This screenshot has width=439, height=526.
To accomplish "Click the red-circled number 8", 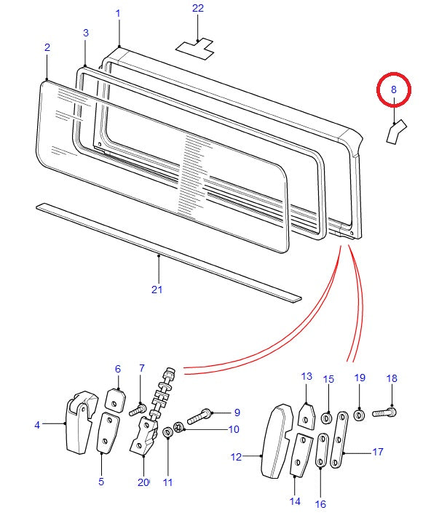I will click(394, 89).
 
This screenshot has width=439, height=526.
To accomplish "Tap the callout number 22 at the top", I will click(198, 9).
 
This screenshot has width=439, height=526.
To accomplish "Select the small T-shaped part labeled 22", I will click(195, 47).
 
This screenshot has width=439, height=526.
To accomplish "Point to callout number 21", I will click(157, 290).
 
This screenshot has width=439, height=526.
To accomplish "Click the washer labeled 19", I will click(360, 415).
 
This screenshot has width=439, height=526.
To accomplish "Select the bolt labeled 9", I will click(199, 418).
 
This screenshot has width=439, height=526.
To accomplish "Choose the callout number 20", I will click(143, 482).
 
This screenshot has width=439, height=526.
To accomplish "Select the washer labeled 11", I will click(168, 433).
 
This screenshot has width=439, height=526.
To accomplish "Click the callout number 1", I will click(118, 14).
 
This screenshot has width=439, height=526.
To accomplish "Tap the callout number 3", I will click(86, 33).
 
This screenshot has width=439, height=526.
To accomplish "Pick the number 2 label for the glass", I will click(47, 47).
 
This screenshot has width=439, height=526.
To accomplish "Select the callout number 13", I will click(306, 376).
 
